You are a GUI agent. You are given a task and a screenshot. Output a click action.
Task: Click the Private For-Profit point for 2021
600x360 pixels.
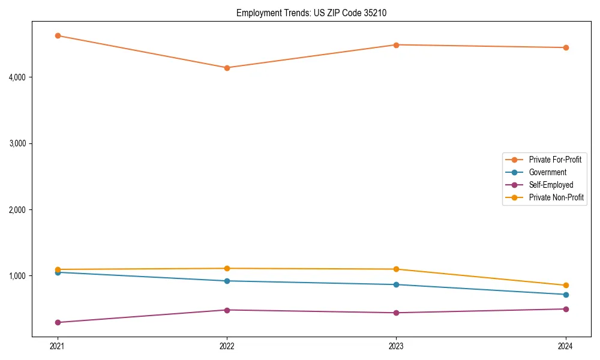click(x=58, y=35)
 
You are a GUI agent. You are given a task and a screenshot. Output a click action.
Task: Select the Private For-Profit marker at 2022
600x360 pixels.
click(x=227, y=68)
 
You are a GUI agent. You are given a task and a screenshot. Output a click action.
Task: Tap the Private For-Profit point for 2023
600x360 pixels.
click(x=396, y=45)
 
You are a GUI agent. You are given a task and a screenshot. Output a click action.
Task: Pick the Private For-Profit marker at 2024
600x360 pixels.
click(x=565, y=47)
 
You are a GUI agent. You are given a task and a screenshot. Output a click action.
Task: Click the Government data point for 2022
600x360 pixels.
click(x=227, y=281)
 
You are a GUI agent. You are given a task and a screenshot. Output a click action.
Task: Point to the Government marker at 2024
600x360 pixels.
click(x=565, y=295)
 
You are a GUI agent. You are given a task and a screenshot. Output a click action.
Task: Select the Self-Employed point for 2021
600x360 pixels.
click(x=58, y=322)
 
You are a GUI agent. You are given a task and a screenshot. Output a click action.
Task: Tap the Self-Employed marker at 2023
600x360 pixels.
click(x=396, y=313)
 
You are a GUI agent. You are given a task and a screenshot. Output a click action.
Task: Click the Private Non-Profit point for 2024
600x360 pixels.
click(x=565, y=286)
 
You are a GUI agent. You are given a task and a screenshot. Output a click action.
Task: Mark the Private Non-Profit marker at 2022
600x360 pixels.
click(x=227, y=268)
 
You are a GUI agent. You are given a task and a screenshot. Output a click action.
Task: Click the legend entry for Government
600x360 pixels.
click(x=547, y=172)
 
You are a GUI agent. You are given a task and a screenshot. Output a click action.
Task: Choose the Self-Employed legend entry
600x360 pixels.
click(x=551, y=185)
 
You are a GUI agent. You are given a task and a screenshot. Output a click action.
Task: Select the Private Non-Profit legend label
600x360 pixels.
click(x=556, y=197)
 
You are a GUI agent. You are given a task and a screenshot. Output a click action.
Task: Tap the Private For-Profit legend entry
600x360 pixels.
click(x=555, y=160)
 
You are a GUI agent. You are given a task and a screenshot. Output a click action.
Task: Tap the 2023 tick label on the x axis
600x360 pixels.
click(x=396, y=346)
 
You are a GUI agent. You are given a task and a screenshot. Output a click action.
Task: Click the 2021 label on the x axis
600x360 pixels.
click(x=58, y=346)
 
